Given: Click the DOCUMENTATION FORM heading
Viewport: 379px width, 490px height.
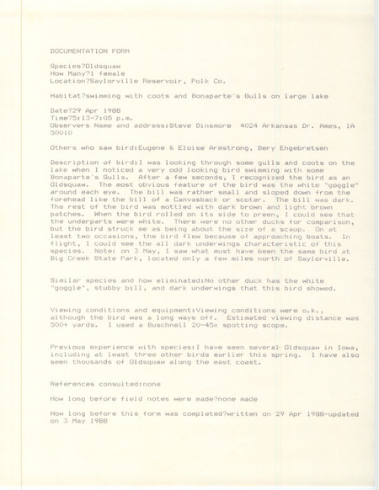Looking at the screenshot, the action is (x=92, y=51).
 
